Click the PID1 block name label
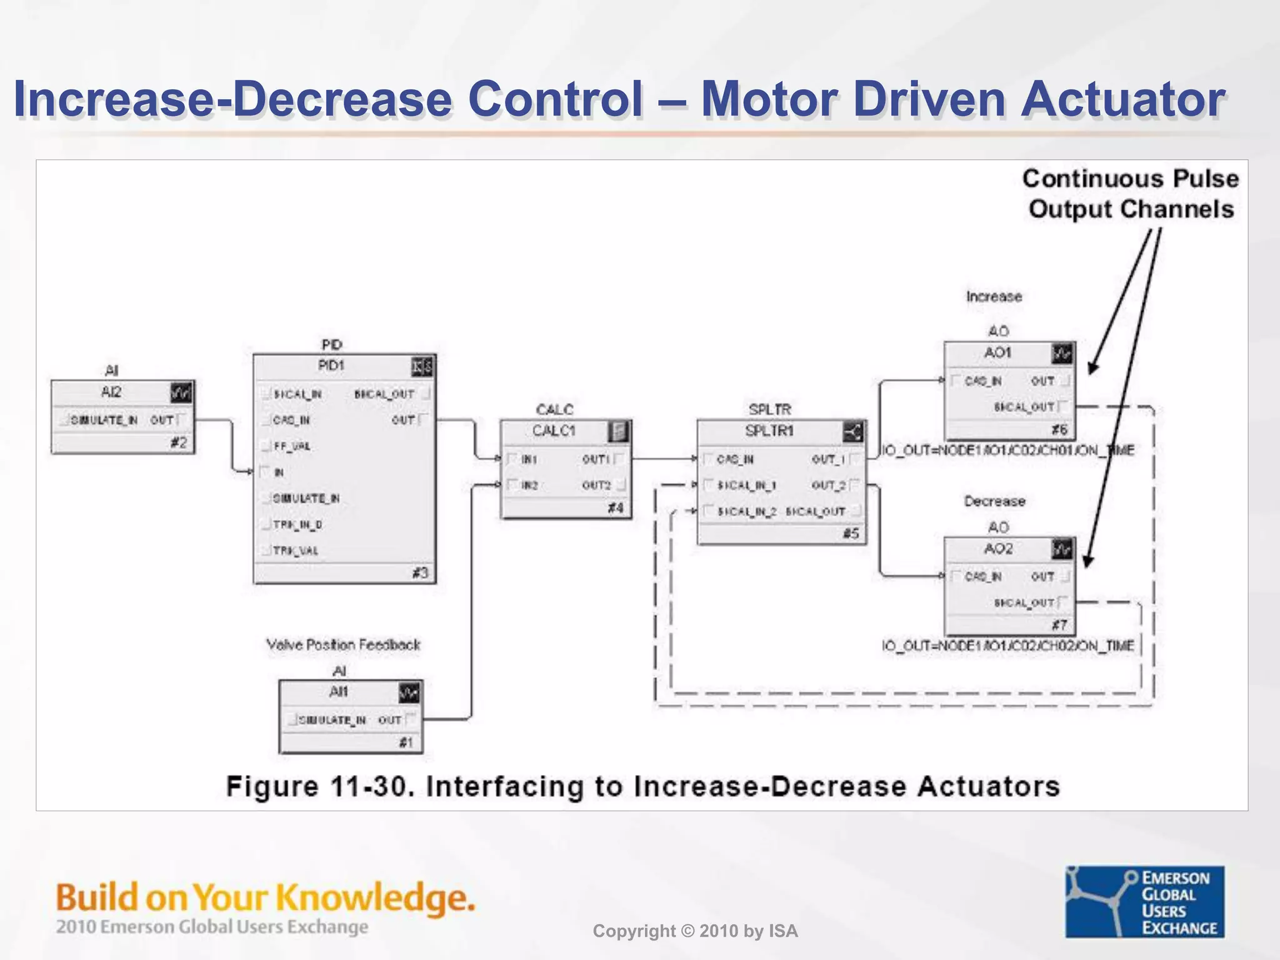point(331,366)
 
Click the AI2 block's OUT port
point(162,420)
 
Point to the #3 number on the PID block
point(420,572)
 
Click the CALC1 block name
point(554,431)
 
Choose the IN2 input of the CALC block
point(529,485)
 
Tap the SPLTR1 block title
point(769,431)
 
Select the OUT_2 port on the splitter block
point(829,485)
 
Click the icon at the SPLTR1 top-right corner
point(852,431)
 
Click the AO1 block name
point(997,353)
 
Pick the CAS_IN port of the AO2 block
point(982,576)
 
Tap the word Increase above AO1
point(994,296)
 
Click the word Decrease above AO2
point(994,501)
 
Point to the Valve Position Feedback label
point(343,644)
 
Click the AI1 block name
point(338,692)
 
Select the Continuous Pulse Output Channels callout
point(1131,194)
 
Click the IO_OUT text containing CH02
point(1007,646)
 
